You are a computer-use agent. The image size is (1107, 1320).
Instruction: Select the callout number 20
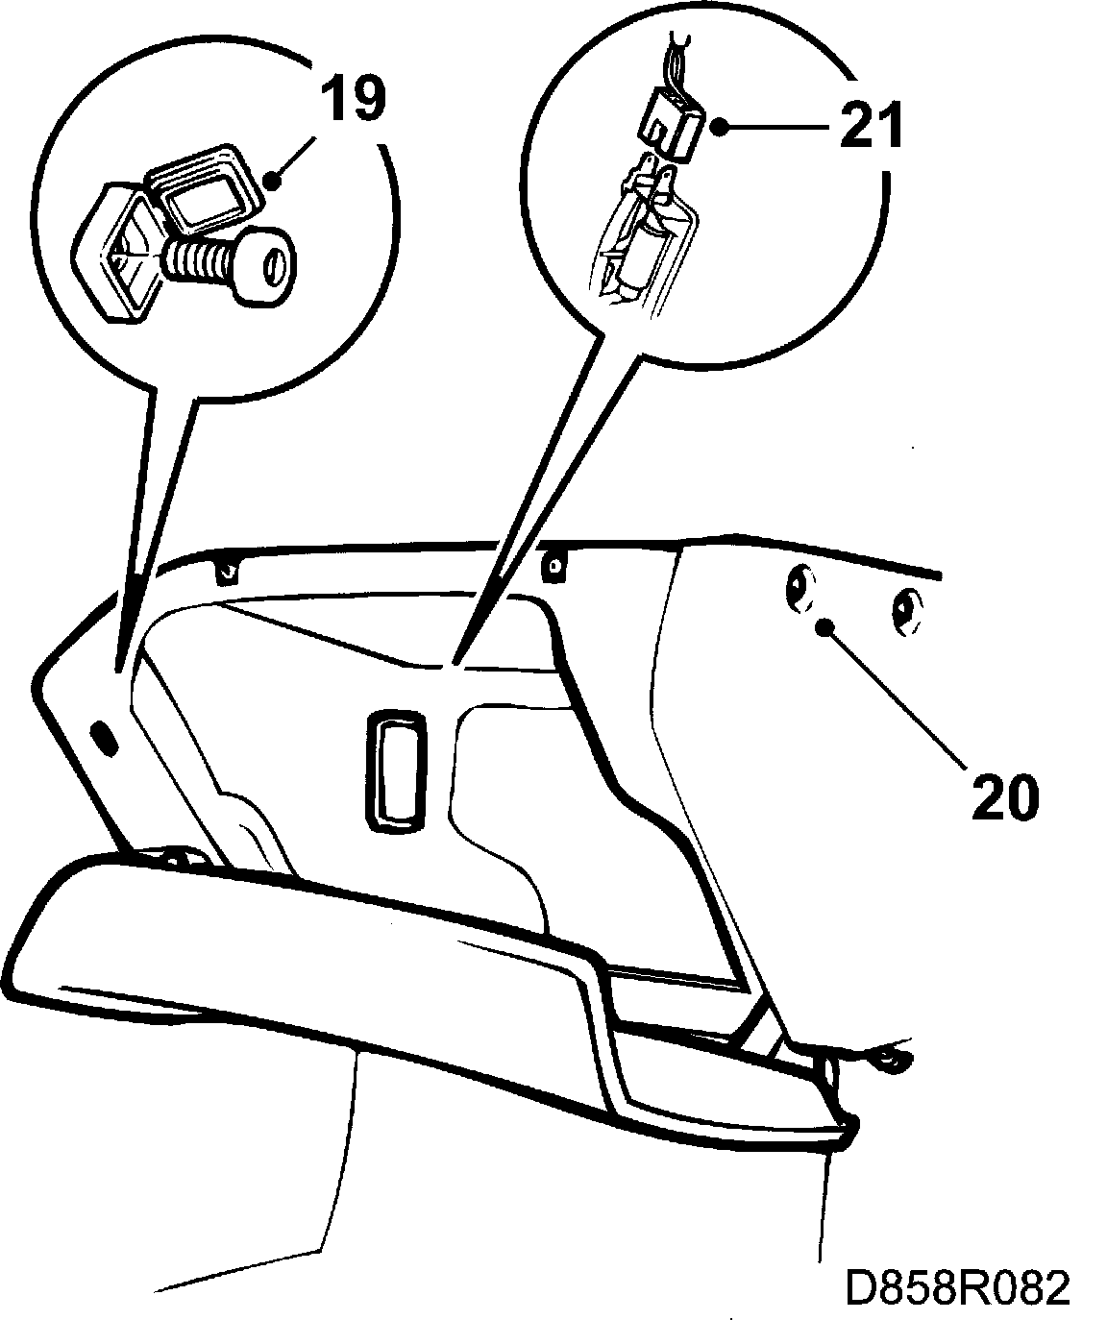(x=1004, y=794)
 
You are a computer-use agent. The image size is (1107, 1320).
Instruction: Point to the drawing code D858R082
(x=957, y=1287)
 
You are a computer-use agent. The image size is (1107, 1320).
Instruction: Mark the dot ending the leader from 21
(x=720, y=124)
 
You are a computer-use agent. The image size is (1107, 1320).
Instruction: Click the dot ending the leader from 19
(x=275, y=180)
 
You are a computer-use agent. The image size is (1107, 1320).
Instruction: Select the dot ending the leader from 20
(x=824, y=628)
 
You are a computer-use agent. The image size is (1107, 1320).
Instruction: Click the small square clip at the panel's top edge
(x=553, y=566)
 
